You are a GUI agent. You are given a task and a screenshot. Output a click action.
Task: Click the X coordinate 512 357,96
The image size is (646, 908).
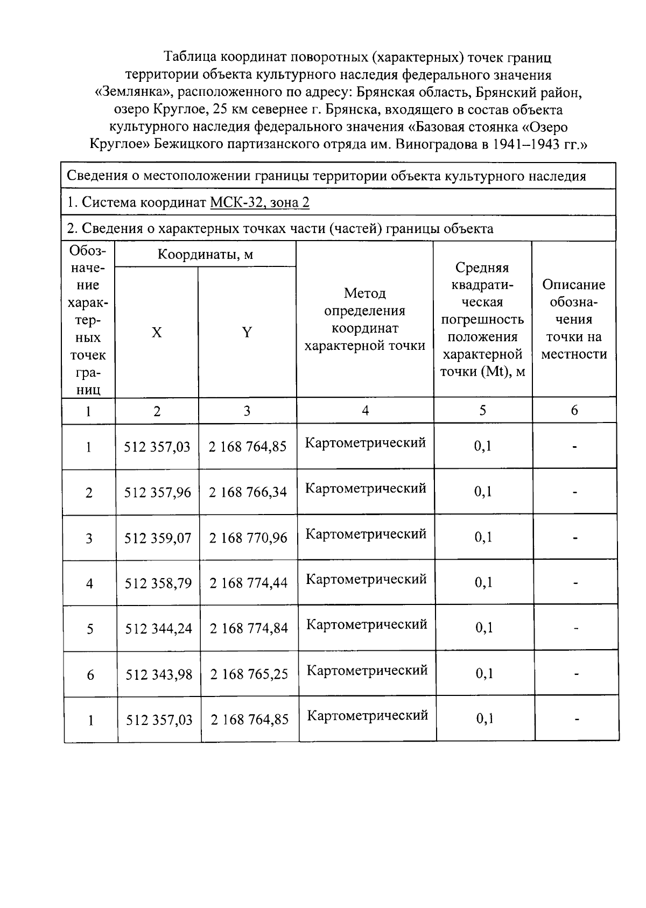click(x=157, y=492)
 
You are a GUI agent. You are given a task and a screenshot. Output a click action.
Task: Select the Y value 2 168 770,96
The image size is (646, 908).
click(x=248, y=538)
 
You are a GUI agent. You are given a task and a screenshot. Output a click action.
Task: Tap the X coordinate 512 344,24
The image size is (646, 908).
click(x=158, y=629)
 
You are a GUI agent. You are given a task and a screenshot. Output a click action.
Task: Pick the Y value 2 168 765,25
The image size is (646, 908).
click(x=249, y=674)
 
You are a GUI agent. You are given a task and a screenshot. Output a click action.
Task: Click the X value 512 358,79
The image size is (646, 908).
click(x=158, y=583)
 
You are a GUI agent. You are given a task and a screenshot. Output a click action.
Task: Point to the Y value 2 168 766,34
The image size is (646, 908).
click(x=248, y=492)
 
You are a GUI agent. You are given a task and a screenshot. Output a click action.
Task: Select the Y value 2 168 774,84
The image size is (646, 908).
click(x=249, y=629)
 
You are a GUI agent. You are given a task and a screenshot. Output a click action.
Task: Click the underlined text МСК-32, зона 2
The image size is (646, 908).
click(x=259, y=202)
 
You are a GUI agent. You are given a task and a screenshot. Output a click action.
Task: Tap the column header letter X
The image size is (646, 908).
click(x=156, y=333)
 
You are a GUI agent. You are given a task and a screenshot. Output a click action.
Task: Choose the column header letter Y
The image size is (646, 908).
click(x=247, y=333)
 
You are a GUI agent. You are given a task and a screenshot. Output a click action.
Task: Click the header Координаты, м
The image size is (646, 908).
click(x=205, y=254)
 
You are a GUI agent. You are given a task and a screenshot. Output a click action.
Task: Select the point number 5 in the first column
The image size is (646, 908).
click(x=90, y=629)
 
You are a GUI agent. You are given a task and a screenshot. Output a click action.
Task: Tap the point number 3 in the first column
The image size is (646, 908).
click(x=89, y=538)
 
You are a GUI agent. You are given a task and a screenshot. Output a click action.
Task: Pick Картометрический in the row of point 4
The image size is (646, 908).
click(x=366, y=579)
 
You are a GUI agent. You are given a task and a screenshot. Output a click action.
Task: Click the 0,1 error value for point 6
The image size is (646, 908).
click(x=484, y=673)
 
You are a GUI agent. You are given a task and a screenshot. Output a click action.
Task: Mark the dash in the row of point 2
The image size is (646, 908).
click(x=575, y=492)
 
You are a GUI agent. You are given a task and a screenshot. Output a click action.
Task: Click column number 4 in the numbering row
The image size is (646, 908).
click(x=365, y=411)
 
